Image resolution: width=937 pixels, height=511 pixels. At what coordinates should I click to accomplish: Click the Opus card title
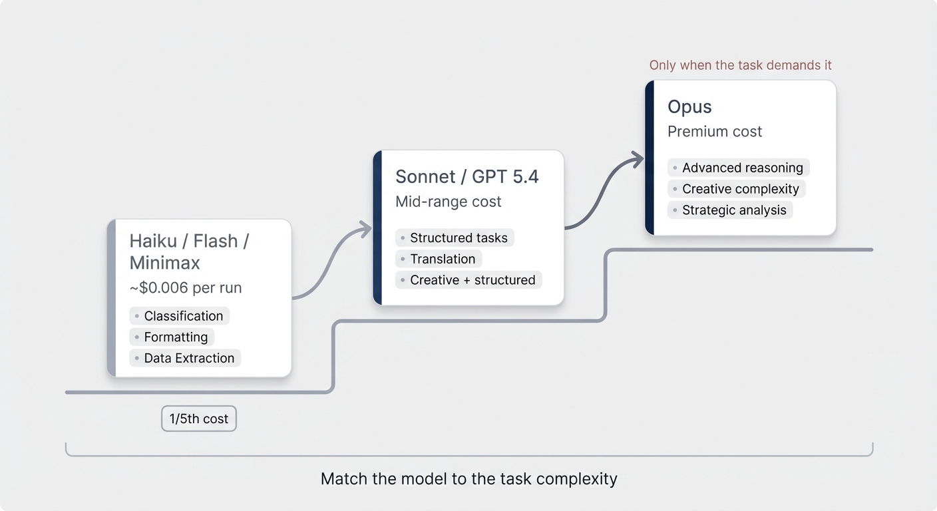689,107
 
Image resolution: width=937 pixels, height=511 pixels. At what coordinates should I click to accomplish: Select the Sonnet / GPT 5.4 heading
467,176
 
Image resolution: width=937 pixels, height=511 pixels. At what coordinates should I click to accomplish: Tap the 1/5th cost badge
199,419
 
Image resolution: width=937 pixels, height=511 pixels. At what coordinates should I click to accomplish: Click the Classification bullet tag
179,316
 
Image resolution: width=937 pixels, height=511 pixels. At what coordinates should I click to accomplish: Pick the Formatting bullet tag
172,337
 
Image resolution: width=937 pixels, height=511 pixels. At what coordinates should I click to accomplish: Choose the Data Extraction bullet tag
185,358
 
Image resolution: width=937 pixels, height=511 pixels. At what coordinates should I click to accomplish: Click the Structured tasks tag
455,238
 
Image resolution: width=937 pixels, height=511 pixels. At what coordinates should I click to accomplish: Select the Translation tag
439,259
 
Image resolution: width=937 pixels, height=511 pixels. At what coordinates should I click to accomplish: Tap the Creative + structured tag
468,279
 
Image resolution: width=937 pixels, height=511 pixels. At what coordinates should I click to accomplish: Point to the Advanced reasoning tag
738,168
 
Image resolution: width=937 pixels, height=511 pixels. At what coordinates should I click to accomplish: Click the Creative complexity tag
736,189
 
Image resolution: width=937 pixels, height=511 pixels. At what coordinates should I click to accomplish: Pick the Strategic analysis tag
730,210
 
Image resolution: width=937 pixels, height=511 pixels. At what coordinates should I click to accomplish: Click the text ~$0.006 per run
186,287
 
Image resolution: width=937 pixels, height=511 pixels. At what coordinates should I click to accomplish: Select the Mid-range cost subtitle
448,202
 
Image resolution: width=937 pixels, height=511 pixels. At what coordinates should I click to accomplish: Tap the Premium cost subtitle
715,132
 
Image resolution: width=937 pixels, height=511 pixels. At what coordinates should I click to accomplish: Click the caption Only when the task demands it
741,65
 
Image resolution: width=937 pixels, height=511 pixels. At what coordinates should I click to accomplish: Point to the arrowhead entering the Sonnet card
365,230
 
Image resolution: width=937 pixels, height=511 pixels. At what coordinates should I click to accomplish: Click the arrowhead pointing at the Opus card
637,160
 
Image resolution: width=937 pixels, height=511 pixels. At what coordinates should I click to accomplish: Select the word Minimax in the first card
165,263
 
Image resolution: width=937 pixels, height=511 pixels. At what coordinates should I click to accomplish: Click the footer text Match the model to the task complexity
469,479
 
